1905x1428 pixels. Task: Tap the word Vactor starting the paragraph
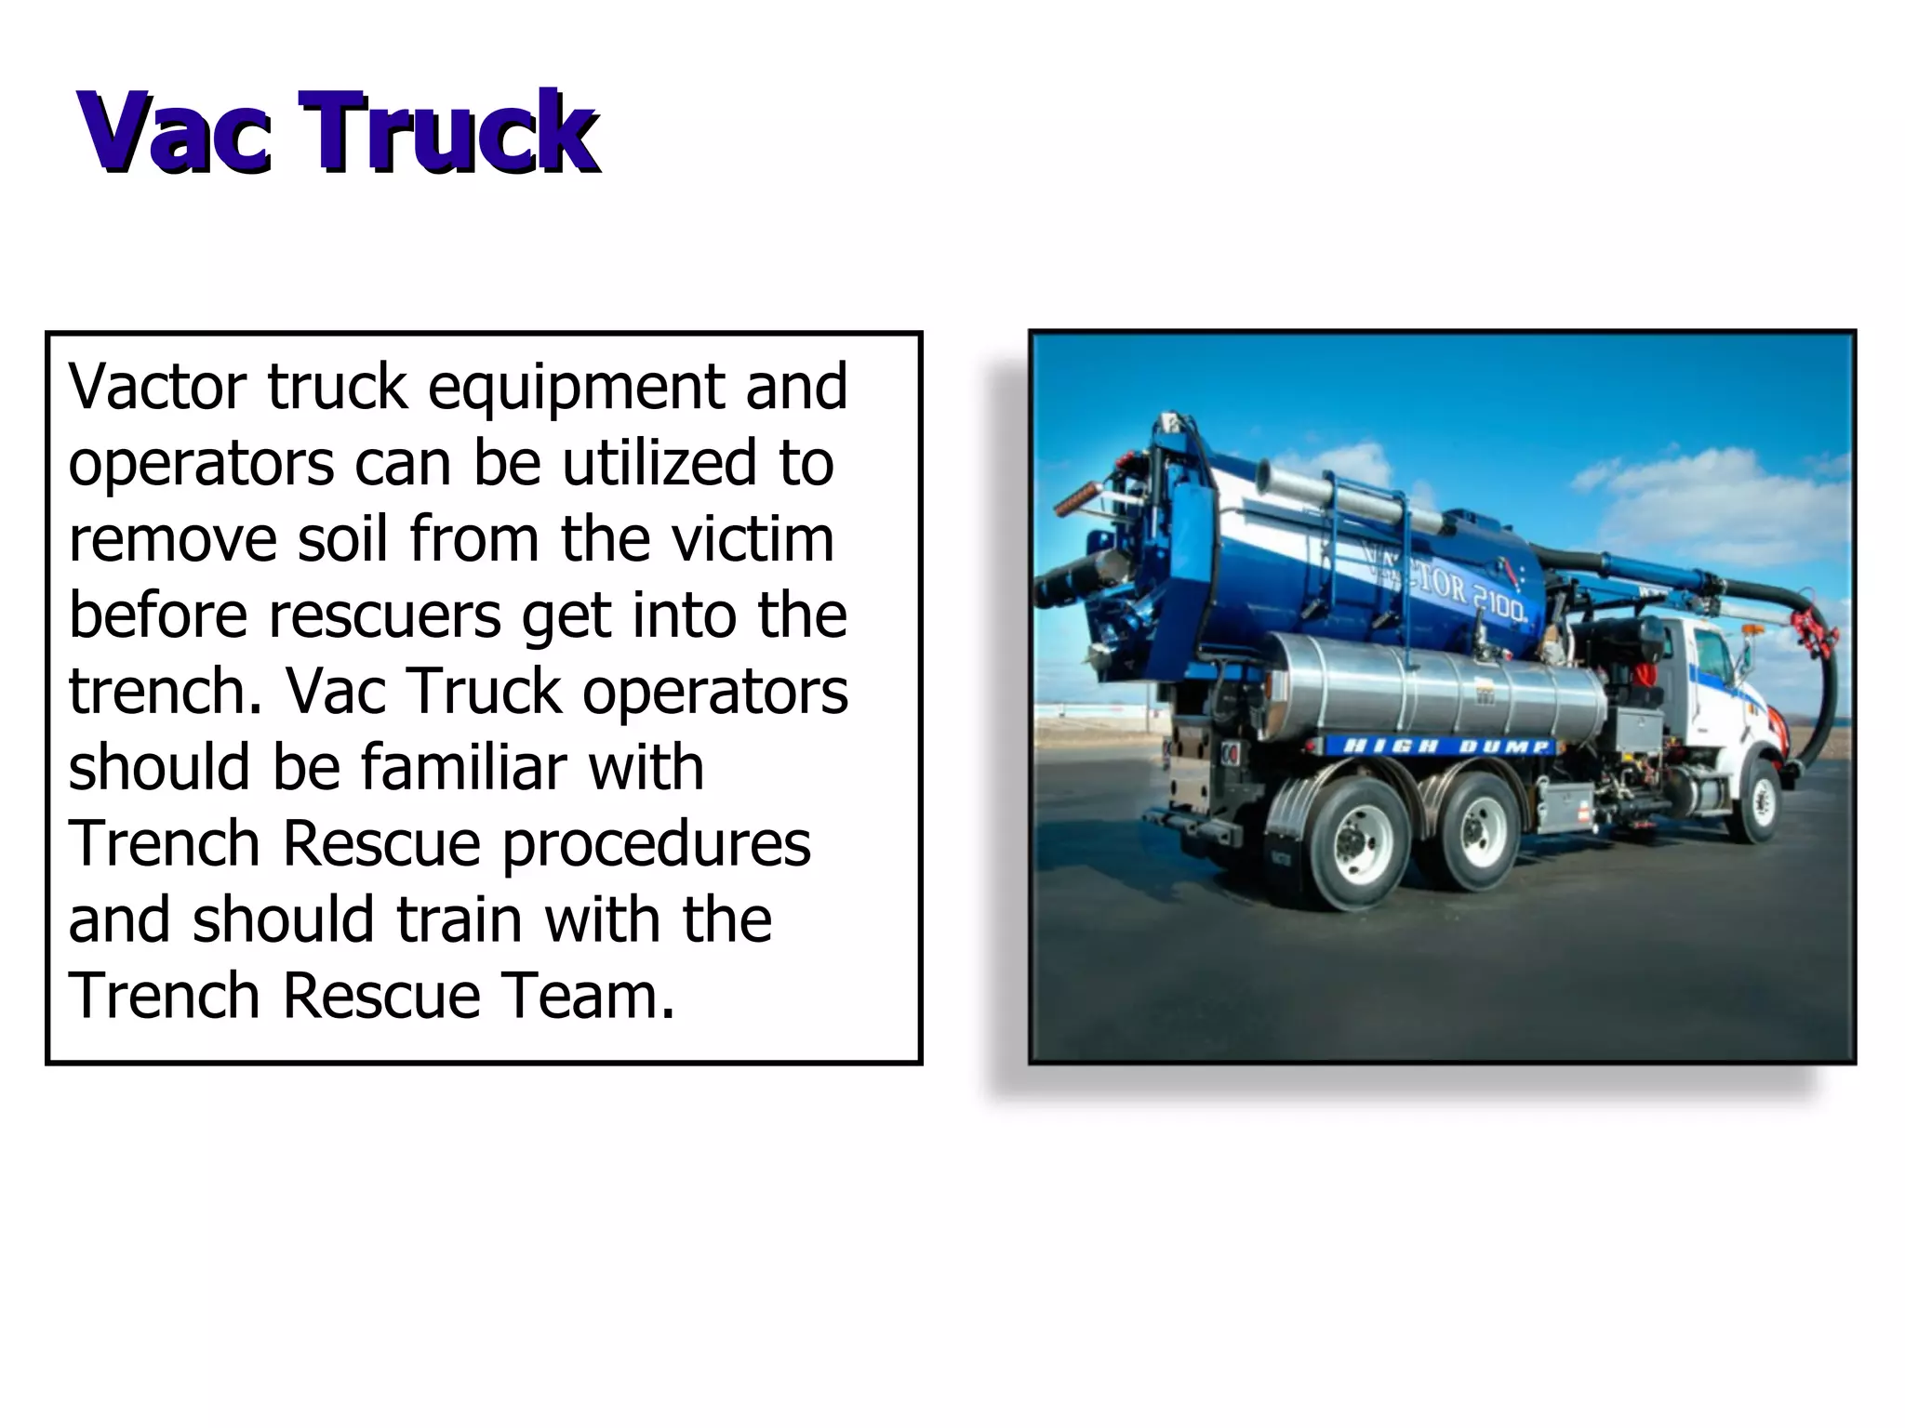point(158,386)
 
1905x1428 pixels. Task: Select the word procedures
point(656,845)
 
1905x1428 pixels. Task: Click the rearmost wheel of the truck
point(1349,841)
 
